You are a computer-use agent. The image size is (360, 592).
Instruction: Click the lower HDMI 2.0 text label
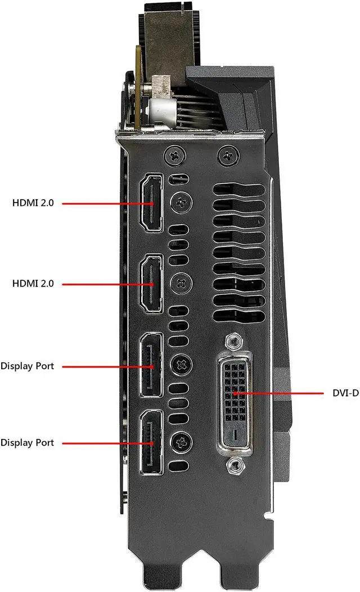point(33,284)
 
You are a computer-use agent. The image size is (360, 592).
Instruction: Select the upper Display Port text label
point(27,366)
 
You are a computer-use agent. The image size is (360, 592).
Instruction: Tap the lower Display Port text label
point(27,443)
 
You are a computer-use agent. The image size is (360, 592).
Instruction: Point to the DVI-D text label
point(344,393)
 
